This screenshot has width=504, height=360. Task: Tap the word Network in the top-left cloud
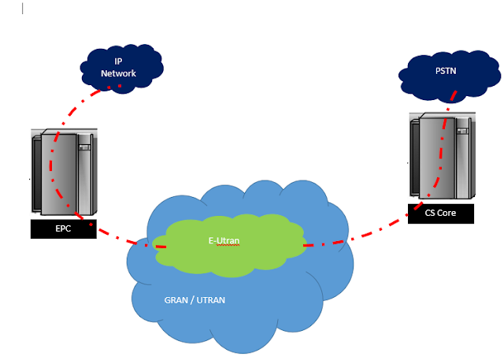[x=118, y=73]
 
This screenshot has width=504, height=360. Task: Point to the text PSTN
[x=445, y=70]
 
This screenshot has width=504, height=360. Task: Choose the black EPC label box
[x=63, y=229]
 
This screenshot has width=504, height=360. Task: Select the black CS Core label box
[x=441, y=213]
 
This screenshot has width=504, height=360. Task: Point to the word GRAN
[x=176, y=300]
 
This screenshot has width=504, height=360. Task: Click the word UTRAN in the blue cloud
[x=211, y=300]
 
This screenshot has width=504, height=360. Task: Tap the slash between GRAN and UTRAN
[x=193, y=300]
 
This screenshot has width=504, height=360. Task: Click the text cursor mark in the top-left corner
[x=22, y=9]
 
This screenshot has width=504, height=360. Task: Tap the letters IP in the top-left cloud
[x=118, y=61]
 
